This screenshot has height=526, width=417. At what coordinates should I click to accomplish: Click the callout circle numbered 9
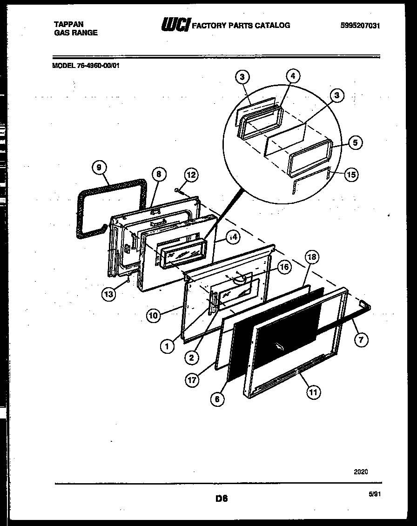100,168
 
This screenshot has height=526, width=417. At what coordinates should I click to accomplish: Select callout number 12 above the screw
191,175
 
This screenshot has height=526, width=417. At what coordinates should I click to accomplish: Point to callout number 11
313,392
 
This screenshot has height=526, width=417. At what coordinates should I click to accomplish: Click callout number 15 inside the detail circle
352,175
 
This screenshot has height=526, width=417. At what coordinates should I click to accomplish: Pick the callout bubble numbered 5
355,143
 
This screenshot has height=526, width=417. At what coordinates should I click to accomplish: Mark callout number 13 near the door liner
109,295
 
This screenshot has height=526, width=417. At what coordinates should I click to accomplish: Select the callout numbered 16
284,267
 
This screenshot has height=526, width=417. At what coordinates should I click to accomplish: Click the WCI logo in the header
175,25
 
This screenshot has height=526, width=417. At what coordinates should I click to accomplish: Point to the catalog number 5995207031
360,26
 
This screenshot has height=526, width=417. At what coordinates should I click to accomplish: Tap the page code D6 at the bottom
221,499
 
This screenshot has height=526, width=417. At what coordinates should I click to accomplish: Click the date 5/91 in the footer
374,496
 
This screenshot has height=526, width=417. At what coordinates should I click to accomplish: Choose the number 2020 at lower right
361,472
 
